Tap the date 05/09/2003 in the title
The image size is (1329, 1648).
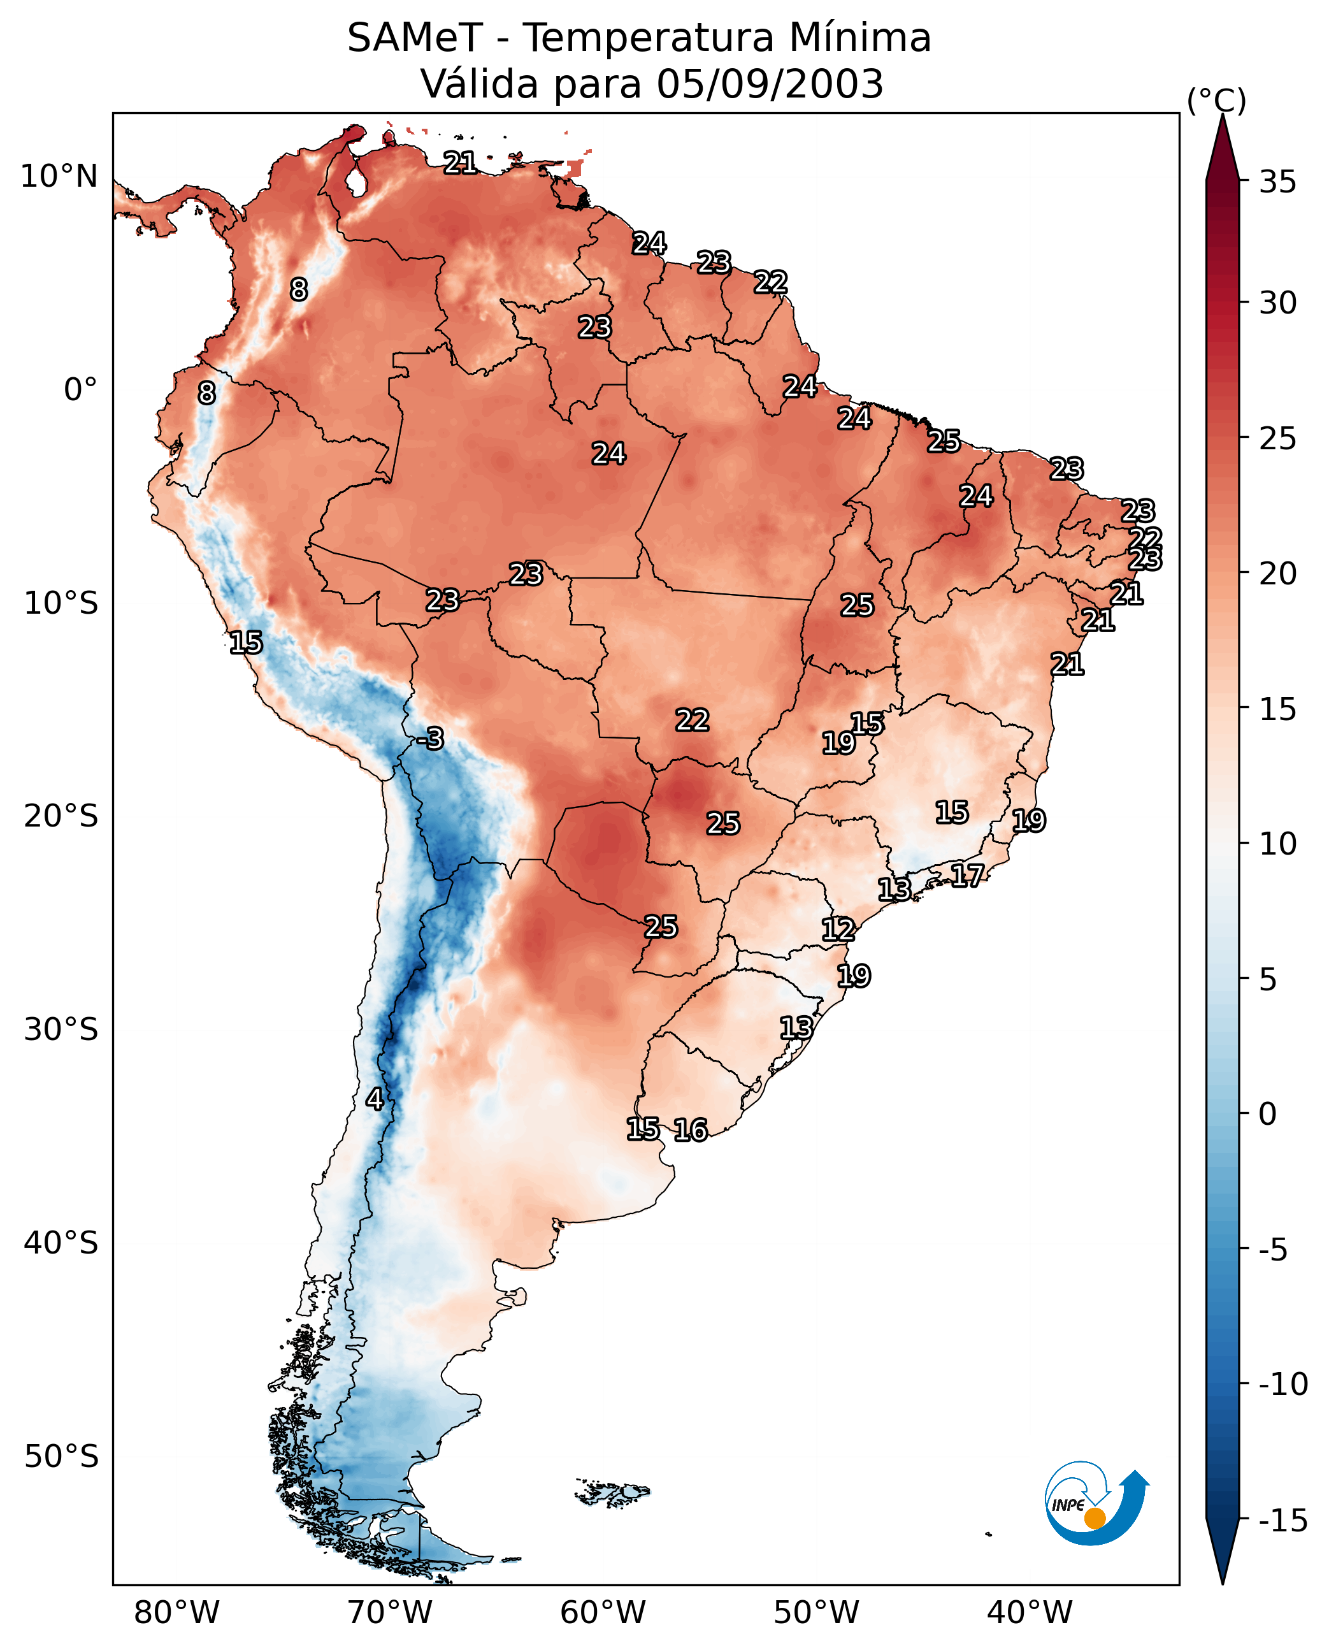pos(770,83)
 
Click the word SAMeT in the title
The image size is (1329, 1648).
pos(415,38)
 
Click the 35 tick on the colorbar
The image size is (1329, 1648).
pos(1277,182)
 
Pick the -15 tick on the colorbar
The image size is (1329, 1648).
pos(1283,1520)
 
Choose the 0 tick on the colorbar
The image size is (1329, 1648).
pos(1268,1113)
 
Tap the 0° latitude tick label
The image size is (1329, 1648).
pos(80,390)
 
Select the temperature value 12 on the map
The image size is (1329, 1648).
pos(838,929)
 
